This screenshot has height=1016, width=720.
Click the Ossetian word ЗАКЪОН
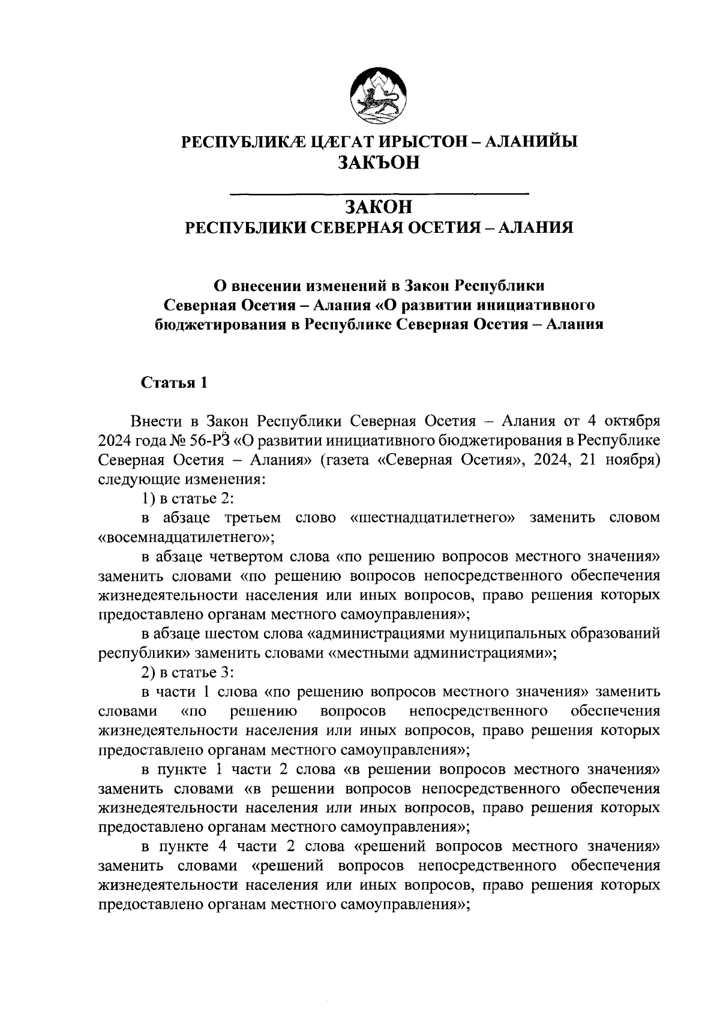[379, 162]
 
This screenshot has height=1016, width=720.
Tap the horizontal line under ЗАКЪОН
[379, 193]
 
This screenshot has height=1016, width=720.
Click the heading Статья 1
[174, 383]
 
